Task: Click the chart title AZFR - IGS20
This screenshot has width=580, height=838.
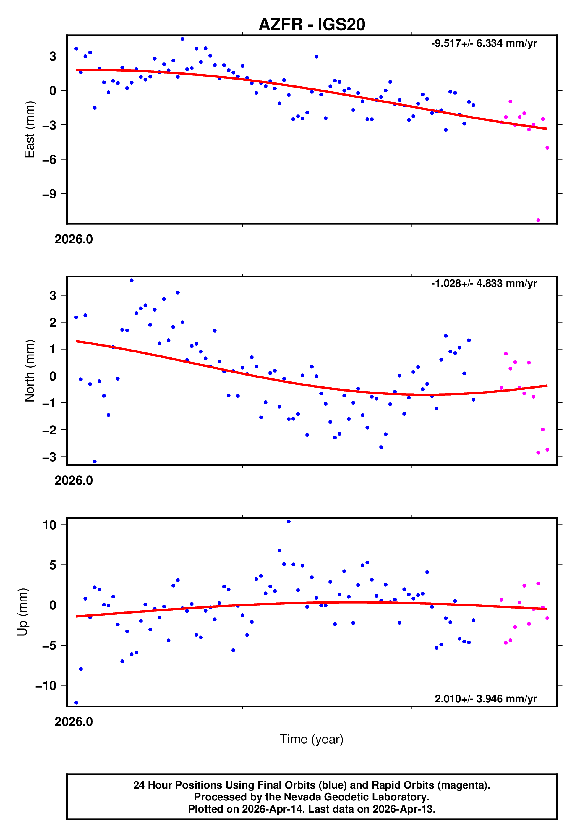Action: pos(312,25)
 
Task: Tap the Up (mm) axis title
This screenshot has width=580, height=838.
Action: pos(22,612)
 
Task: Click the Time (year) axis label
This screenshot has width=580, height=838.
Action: pos(312,740)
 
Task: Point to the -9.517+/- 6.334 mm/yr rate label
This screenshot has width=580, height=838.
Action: pos(484,43)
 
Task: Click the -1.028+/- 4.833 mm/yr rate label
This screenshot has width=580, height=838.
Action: pos(484,284)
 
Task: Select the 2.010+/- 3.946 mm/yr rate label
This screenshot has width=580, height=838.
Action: pos(485,699)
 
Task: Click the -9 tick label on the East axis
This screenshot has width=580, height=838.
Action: pos(49,194)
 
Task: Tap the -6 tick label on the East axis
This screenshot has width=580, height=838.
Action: pos(49,159)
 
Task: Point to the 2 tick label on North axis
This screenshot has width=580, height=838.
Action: pos(53,322)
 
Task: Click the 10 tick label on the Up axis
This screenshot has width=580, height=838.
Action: pos(49,525)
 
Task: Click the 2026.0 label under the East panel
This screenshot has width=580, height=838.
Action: pos(74,240)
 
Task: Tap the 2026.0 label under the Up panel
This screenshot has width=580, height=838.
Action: pos(74,722)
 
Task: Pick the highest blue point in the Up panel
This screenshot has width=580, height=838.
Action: pos(289,522)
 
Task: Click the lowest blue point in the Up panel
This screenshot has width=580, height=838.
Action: pos(76,703)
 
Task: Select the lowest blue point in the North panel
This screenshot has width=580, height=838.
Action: pos(95,462)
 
